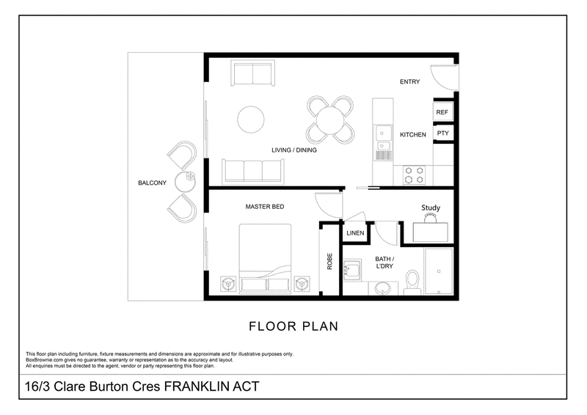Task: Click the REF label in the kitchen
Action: pos(442,112)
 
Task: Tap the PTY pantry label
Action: pos(443,133)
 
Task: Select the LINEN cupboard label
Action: pos(355,233)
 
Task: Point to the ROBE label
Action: pos(329,261)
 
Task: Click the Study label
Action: pos(431,207)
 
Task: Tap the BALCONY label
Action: pos(152,183)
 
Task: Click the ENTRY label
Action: pos(409,81)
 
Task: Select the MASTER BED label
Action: pos(265,207)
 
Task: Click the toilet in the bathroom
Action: pos(412,282)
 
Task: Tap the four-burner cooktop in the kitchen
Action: pos(414,175)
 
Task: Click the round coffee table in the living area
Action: pos(251,120)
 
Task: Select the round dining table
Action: pos(330,120)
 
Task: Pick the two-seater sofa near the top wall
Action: pos(252,73)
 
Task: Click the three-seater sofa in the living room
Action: pos(253,172)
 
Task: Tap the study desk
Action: pos(431,232)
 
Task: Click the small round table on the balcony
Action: pos(186,181)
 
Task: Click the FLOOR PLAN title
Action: pos(293,326)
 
